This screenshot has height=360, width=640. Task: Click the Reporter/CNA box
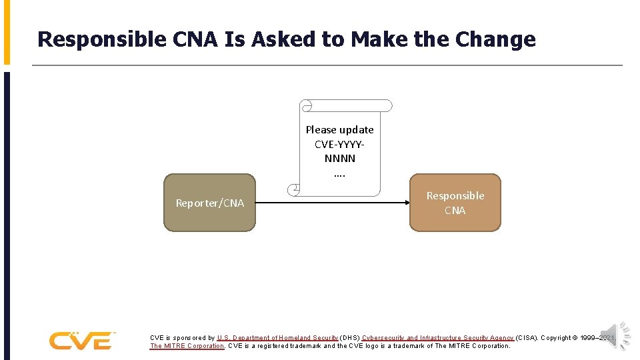pyautogui.click(x=209, y=203)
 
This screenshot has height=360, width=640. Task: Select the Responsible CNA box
pyautogui.click(x=455, y=203)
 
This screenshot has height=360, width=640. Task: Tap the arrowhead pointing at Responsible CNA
pyautogui.click(x=405, y=203)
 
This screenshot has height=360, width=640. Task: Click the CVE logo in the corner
pyautogui.click(x=82, y=340)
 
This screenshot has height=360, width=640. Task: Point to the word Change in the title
pyautogui.click(x=495, y=39)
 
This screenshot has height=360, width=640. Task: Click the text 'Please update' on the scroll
pyautogui.click(x=339, y=130)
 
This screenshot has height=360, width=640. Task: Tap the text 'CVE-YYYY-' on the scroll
pyautogui.click(x=339, y=144)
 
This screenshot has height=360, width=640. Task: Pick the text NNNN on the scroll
pyautogui.click(x=339, y=159)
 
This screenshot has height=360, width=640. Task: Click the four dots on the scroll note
pyautogui.click(x=339, y=175)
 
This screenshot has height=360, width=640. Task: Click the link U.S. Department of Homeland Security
pyautogui.click(x=277, y=338)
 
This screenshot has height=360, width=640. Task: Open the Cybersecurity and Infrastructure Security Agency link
pyautogui.click(x=438, y=338)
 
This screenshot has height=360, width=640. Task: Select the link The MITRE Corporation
pyautogui.click(x=187, y=346)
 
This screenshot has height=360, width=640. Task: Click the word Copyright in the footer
pyautogui.click(x=559, y=338)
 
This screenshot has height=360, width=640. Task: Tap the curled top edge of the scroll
pyautogui.click(x=346, y=106)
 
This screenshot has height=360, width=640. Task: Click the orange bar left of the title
pyautogui.click(x=7, y=32)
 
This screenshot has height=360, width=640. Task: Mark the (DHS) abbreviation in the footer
pyautogui.click(x=350, y=338)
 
